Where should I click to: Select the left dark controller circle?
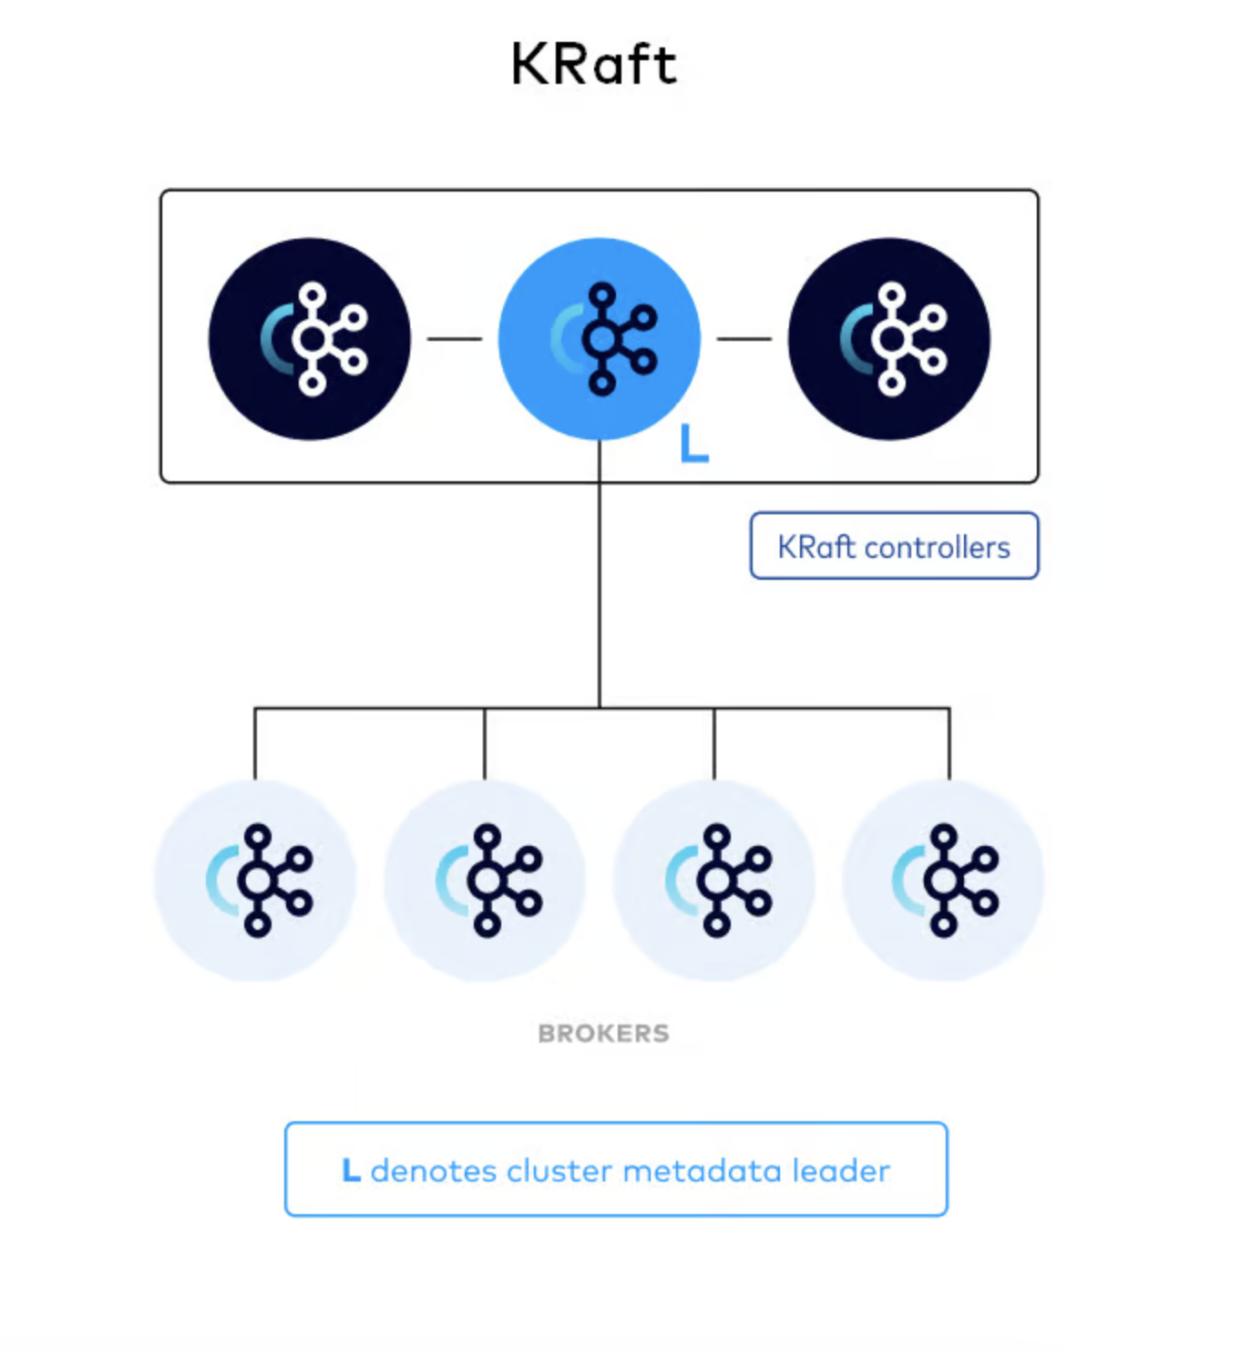point(310,339)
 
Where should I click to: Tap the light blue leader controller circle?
point(600,339)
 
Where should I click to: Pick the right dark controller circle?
point(889,339)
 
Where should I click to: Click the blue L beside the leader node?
point(693,445)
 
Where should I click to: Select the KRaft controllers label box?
point(894,546)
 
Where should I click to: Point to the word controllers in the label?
point(937,547)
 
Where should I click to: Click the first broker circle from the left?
point(255,881)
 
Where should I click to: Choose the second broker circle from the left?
point(485,881)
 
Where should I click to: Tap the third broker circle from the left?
point(714,881)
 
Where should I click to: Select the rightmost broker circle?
point(944,881)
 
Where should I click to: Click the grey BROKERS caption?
point(603,1034)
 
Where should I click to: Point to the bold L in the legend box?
point(351,1171)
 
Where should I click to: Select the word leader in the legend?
point(841,1171)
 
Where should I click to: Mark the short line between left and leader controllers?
point(455,339)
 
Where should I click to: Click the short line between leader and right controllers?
point(744,339)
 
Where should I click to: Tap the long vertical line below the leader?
point(600,583)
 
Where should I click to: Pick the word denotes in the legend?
point(434,1171)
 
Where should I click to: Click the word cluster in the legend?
point(559,1171)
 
